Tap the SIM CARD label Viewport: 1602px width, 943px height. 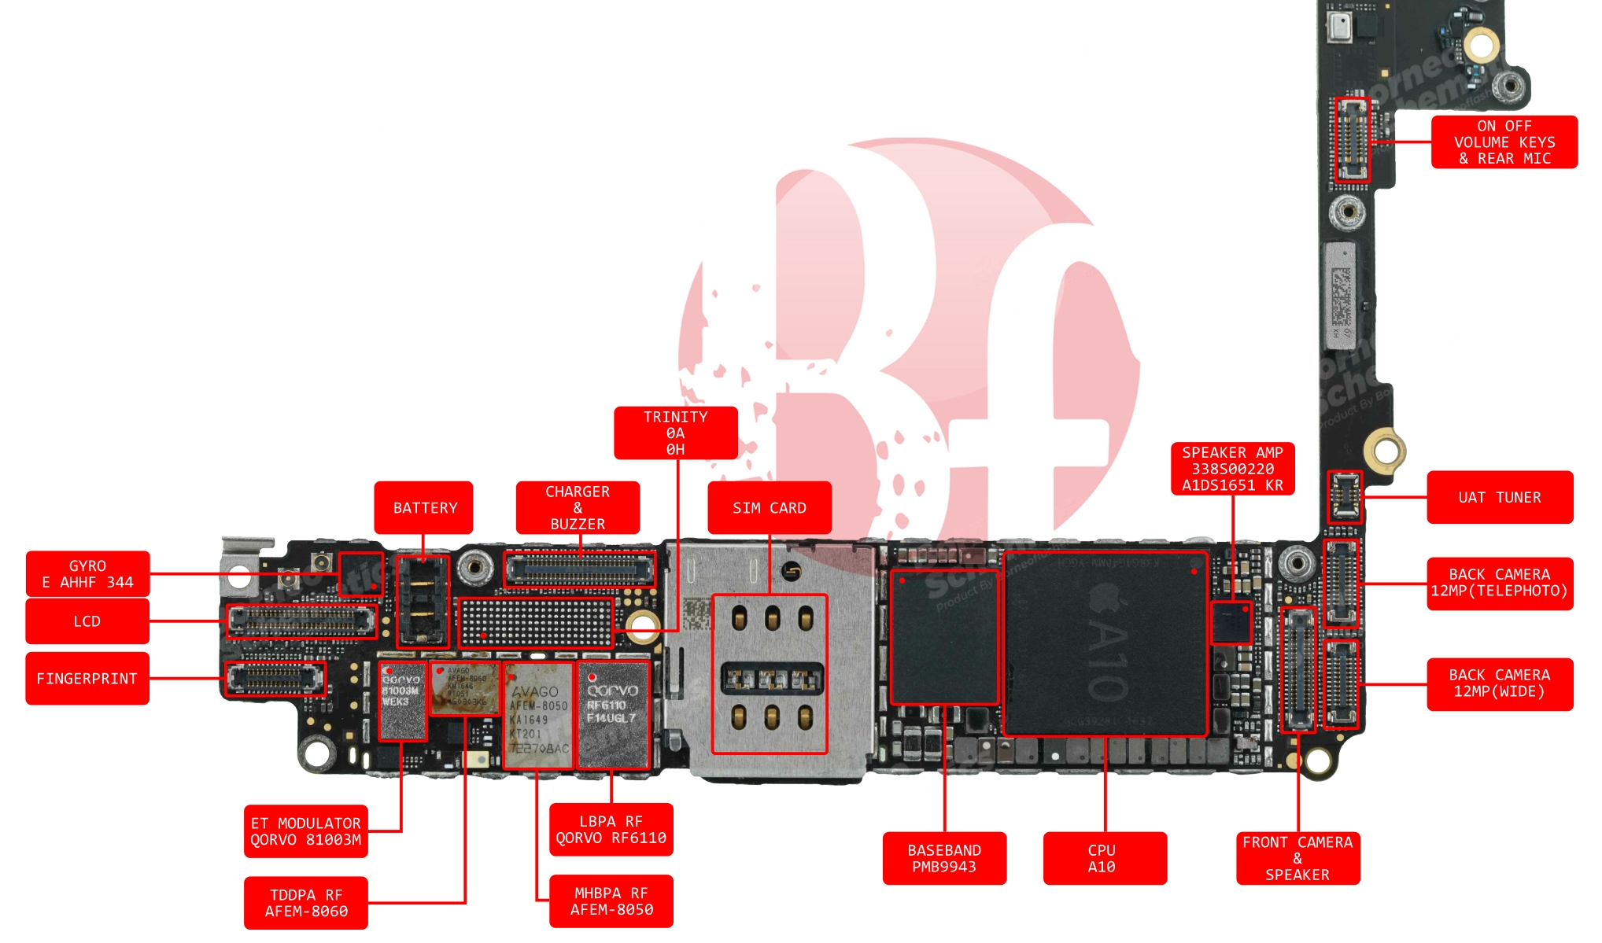pyautogui.click(x=769, y=508)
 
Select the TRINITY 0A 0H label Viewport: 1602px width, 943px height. pyautogui.click(x=675, y=433)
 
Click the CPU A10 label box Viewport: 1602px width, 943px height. pyautogui.click(x=1104, y=858)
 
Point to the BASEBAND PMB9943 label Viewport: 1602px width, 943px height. pyautogui.click(x=943, y=858)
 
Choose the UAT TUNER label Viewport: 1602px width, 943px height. pyautogui.click(x=1499, y=497)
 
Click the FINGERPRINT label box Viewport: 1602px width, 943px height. pyautogui.click(x=87, y=678)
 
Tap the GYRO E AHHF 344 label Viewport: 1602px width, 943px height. pyautogui.click(x=87, y=574)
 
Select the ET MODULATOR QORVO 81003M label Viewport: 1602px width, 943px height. pyautogui.click(x=305, y=831)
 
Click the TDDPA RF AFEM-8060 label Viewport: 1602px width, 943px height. pyautogui.click(x=305, y=903)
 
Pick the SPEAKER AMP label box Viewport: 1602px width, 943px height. pyautogui.click(x=1232, y=469)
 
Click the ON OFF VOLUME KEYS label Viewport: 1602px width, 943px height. pyautogui.click(x=1504, y=142)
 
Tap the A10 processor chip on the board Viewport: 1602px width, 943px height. pyautogui.click(x=1105, y=643)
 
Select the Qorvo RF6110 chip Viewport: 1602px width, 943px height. pyautogui.click(x=613, y=714)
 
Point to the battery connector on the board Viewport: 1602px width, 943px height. pyautogui.click(x=423, y=601)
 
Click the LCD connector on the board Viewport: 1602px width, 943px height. pyautogui.click(x=301, y=621)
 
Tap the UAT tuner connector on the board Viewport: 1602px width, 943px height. pyautogui.click(x=1344, y=497)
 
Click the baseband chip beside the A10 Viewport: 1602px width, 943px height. pyautogui.click(x=943, y=637)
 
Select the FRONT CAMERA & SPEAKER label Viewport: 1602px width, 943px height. pyautogui.click(x=1297, y=858)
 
